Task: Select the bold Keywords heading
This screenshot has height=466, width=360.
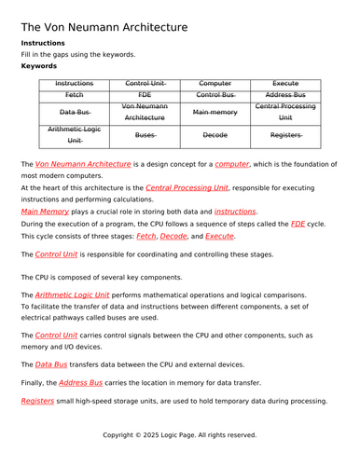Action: coord(39,67)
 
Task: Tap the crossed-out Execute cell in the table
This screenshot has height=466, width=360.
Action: coord(285,83)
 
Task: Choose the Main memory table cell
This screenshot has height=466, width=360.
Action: coord(215,113)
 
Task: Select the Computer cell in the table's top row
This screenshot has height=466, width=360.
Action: coord(215,83)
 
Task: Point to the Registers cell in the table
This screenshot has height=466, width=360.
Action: coord(285,135)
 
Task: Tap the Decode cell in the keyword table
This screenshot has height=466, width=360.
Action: coord(215,135)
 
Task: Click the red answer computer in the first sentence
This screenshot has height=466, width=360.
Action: coord(232,164)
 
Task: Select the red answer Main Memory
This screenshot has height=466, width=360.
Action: coord(46,212)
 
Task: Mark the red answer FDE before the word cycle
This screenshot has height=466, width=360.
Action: coord(298,225)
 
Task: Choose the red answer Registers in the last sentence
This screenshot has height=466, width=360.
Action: coord(38,401)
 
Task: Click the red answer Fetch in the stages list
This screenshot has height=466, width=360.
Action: coord(146,237)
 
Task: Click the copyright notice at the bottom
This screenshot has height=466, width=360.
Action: coord(180,434)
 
